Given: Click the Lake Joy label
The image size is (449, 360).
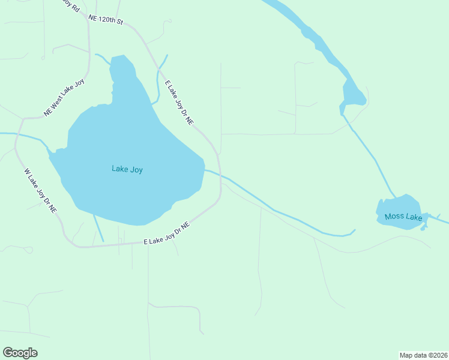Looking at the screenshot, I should point(127,169).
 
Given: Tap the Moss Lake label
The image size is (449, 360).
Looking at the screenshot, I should point(403,217).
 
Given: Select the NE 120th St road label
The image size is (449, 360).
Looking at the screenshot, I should point(105,20).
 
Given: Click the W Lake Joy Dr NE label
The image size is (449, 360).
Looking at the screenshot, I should point(40,191).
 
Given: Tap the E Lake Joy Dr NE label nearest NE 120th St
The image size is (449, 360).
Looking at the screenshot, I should point(179,103).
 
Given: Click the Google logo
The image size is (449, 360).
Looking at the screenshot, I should point(20,353).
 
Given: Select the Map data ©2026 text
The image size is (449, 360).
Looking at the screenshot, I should point(423,355).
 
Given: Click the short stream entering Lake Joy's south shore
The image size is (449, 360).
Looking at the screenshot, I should point(98,228).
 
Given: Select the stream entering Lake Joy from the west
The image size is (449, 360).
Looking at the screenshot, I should point(24,135).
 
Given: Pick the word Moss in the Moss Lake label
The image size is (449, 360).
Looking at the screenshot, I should point(394,217).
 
